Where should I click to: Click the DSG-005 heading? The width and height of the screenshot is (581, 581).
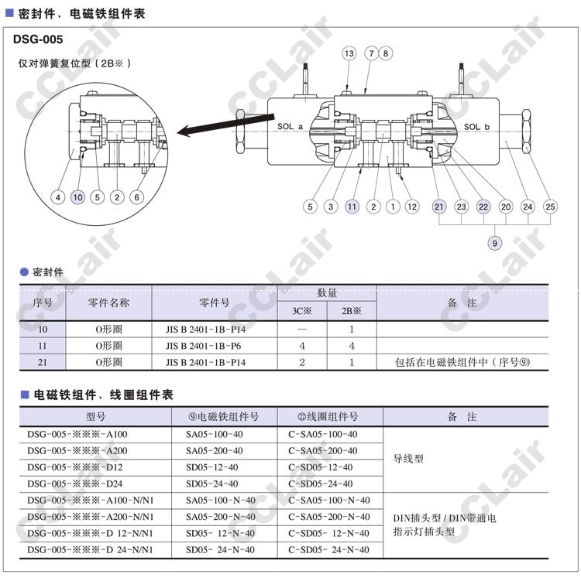[38, 39]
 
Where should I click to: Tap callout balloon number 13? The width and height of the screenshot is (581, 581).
[349, 53]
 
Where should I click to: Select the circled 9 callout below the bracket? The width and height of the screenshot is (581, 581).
[495, 244]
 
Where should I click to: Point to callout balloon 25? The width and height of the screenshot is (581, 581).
[551, 207]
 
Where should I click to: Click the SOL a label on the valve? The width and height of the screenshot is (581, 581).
[290, 126]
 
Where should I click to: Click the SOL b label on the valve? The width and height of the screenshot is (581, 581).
[476, 126]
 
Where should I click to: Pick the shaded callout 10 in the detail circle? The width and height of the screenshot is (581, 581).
[77, 197]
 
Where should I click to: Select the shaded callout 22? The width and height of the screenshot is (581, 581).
[483, 207]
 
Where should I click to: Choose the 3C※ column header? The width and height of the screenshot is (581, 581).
[301, 311]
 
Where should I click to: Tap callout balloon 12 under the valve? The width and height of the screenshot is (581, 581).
[412, 207]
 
